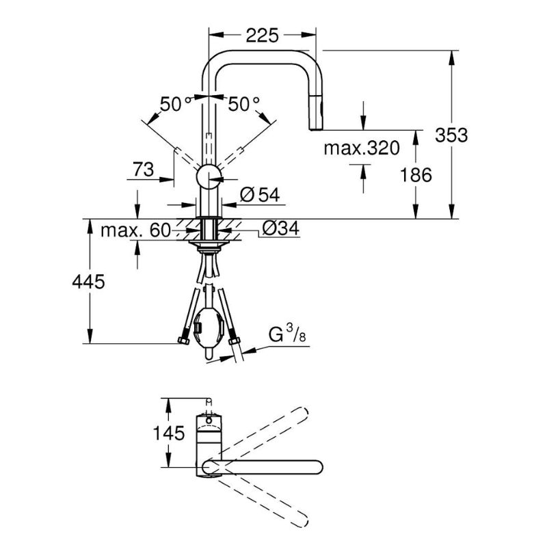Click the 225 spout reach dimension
coord(263,36)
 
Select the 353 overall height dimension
coord(451,135)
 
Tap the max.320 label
coord(362,148)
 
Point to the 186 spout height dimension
coord(416,175)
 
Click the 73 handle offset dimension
coord(143,170)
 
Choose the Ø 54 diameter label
coord(261,195)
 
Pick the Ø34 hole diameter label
coord(280,228)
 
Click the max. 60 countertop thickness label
coord(135,230)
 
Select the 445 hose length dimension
coord(88,282)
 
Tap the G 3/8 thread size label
coord(287,333)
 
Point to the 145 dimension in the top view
coord(169,433)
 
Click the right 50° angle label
coord(244,104)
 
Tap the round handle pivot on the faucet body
coord(209,176)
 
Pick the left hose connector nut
coord(183,340)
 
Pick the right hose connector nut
coord(234,341)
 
